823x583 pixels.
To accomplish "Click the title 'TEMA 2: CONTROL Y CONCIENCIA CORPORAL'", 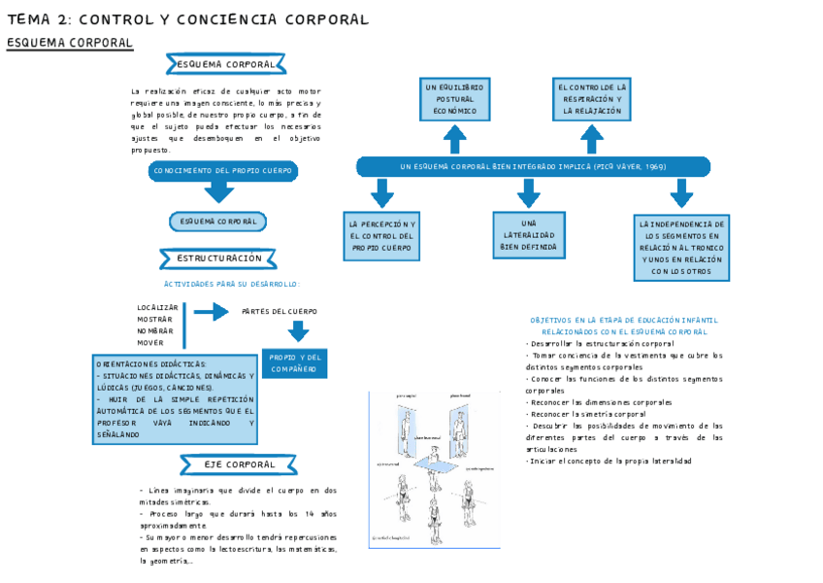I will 188,19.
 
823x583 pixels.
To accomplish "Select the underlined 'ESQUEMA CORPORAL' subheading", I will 70,44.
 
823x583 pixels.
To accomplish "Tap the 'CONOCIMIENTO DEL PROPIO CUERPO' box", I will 223,171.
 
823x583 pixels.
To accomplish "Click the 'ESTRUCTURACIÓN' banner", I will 219,258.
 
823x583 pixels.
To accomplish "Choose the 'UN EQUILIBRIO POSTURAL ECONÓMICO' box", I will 455,99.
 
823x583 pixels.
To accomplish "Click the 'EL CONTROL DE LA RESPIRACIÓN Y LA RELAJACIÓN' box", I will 592,99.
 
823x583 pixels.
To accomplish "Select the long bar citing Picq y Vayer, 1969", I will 533,167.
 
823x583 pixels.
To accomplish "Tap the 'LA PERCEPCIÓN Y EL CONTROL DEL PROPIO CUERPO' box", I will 381,236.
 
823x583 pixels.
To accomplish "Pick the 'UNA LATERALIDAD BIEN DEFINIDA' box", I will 529,236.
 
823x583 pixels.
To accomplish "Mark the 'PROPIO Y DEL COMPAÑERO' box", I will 294,362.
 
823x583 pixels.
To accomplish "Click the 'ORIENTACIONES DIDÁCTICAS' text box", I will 176,399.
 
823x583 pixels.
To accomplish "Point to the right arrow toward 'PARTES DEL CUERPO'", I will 211,312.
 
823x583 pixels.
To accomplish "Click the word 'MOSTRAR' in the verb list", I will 155,319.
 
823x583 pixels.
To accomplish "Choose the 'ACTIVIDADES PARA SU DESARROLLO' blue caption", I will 232,284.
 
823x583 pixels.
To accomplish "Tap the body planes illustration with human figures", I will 438,469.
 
